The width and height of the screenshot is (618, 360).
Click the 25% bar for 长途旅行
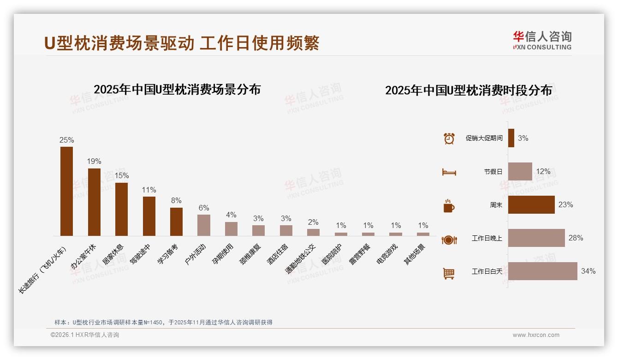pos(67,191)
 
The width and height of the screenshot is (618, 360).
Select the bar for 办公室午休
pos(94,202)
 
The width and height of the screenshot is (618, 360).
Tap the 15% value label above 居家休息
pos(122,176)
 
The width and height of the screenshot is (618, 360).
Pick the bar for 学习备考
pos(176,222)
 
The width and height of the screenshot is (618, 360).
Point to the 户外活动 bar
pos(204,225)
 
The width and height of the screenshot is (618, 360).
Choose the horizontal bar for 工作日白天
pos(542,271)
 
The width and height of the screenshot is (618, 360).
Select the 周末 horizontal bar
pos(531,205)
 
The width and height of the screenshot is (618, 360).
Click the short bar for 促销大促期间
pos(511,138)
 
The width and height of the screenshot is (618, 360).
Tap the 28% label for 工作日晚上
pos(576,238)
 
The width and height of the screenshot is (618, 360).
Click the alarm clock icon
pos(449,138)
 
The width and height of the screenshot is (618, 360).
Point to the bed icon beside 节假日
pos(449,172)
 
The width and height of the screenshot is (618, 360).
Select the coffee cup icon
pos(449,206)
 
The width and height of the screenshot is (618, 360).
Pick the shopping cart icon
pos(449,273)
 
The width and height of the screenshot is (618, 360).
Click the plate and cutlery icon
pos(449,240)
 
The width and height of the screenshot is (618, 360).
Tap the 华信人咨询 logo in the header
pos(542,40)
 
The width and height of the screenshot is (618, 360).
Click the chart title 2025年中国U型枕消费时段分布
pos(468,90)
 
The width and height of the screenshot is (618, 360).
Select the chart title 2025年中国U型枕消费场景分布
pos(177,90)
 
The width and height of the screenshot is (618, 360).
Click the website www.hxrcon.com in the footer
pos(536,335)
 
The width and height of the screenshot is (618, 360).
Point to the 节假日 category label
pos(493,172)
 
